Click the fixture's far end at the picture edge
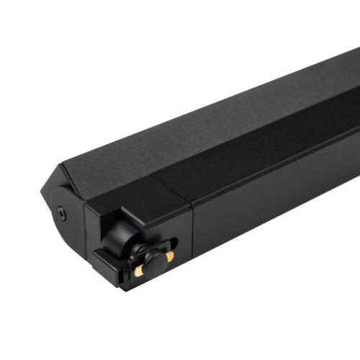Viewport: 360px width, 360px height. [x=356, y=86]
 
